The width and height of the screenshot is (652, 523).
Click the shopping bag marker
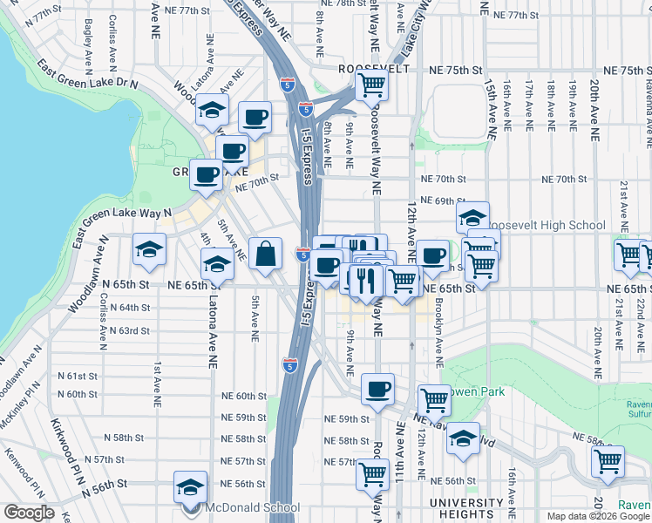[x=266, y=255]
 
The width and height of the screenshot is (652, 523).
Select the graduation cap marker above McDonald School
[x=190, y=488]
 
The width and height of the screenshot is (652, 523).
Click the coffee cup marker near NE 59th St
[x=377, y=390]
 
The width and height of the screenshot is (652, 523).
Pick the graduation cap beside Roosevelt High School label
[x=472, y=218]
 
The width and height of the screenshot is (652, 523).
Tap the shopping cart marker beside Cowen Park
[x=434, y=402]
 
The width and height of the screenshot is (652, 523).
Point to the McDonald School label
[x=253, y=507]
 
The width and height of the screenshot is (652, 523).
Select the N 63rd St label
[x=130, y=330]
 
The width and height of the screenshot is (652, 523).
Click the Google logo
[x=29, y=513]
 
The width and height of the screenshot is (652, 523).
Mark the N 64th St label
[x=130, y=308]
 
